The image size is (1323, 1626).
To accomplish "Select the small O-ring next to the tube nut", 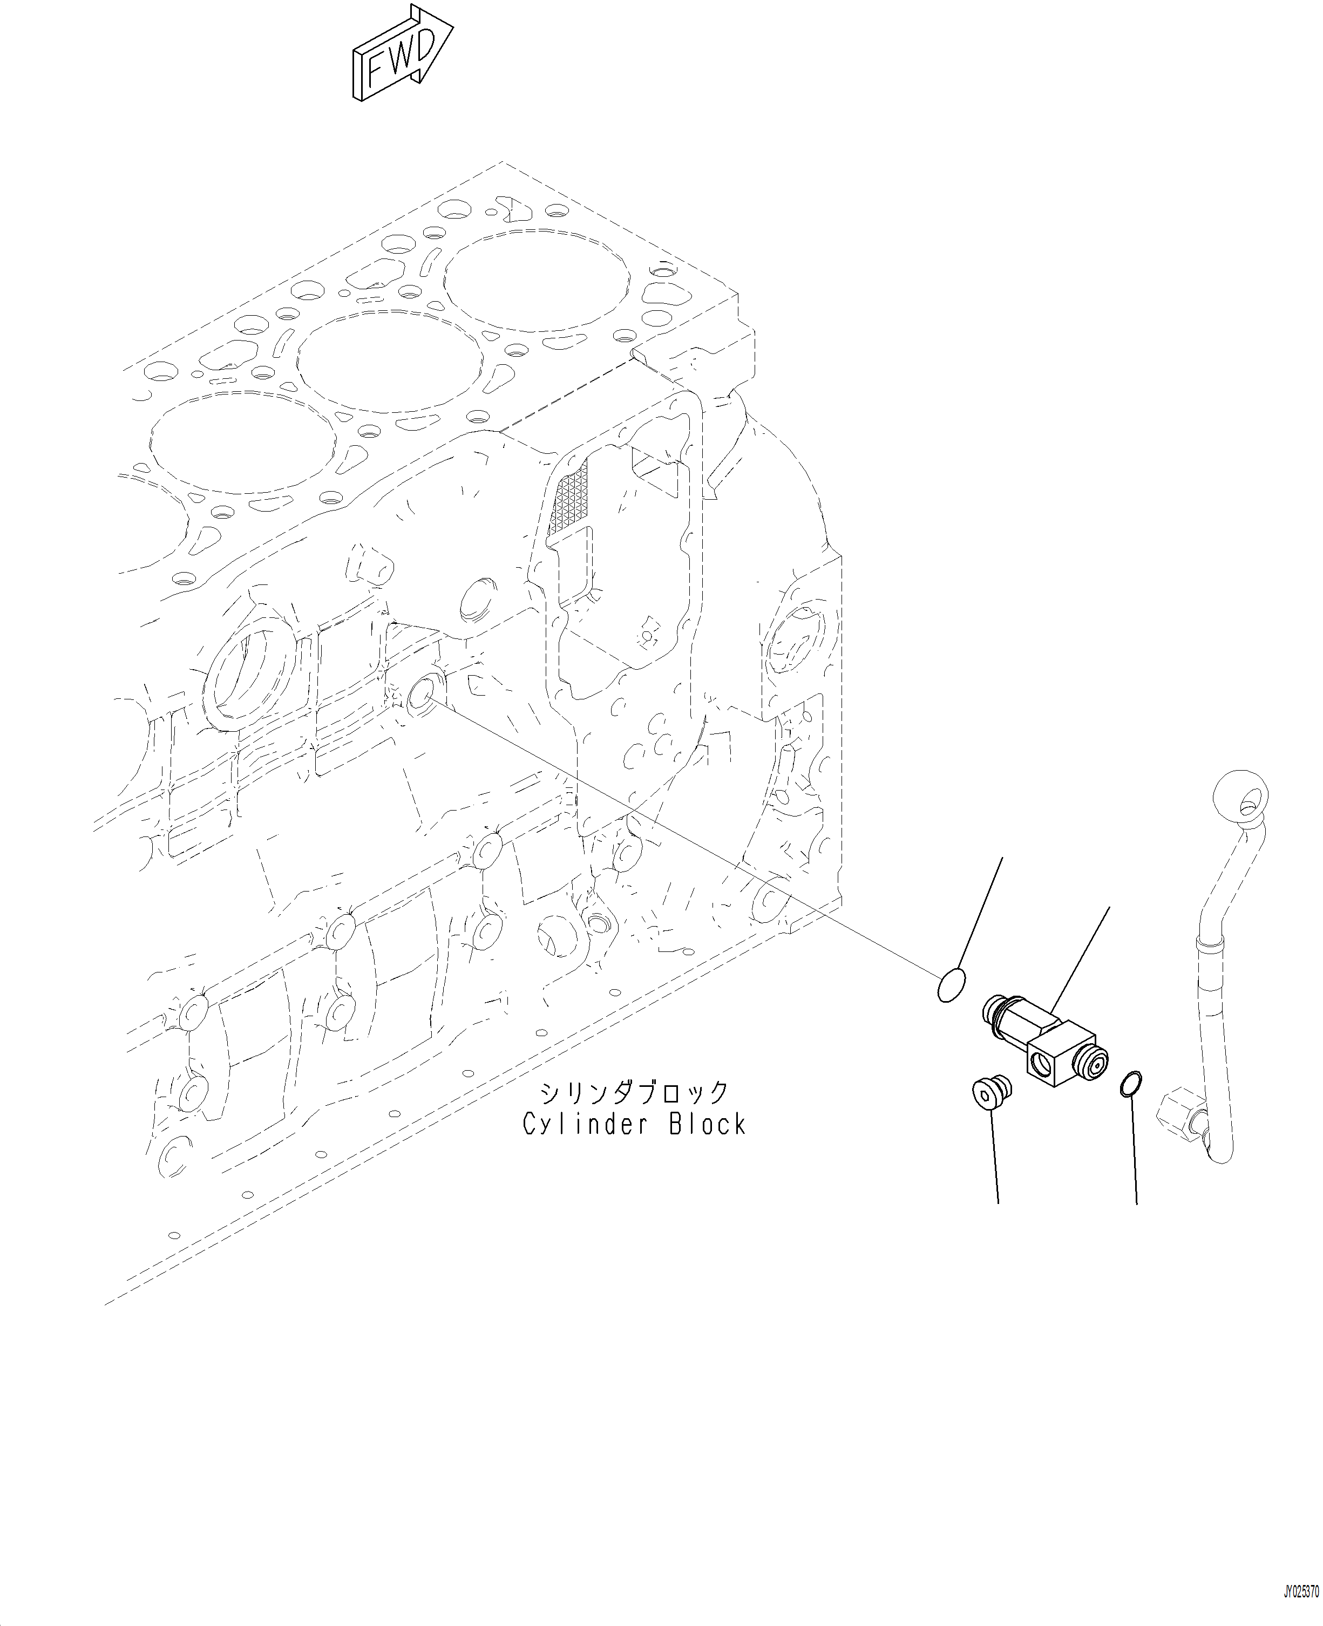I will click(x=1131, y=1083).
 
